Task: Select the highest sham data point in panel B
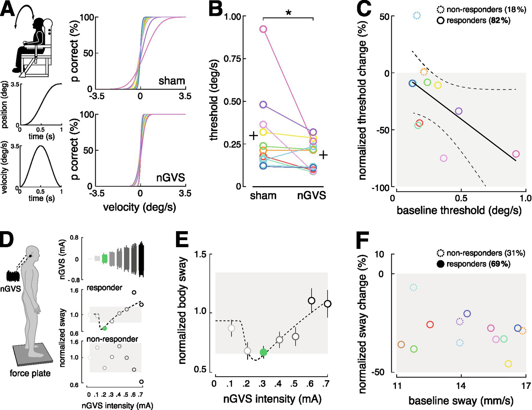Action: (x=263, y=29)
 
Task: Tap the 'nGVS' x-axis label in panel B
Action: (x=312, y=195)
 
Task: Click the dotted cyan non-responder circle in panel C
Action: (x=417, y=15)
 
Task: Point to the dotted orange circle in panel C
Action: (x=424, y=72)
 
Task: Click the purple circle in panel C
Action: (x=459, y=111)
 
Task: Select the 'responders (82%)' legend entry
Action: (x=478, y=20)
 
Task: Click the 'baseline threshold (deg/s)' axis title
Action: (x=459, y=210)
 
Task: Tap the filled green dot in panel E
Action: (x=263, y=352)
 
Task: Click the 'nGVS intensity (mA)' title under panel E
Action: (x=272, y=399)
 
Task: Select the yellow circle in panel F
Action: (x=508, y=364)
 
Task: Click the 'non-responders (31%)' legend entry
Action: (x=486, y=253)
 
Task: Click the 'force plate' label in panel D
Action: (x=30, y=373)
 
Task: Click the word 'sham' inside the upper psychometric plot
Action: (x=172, y=81)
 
